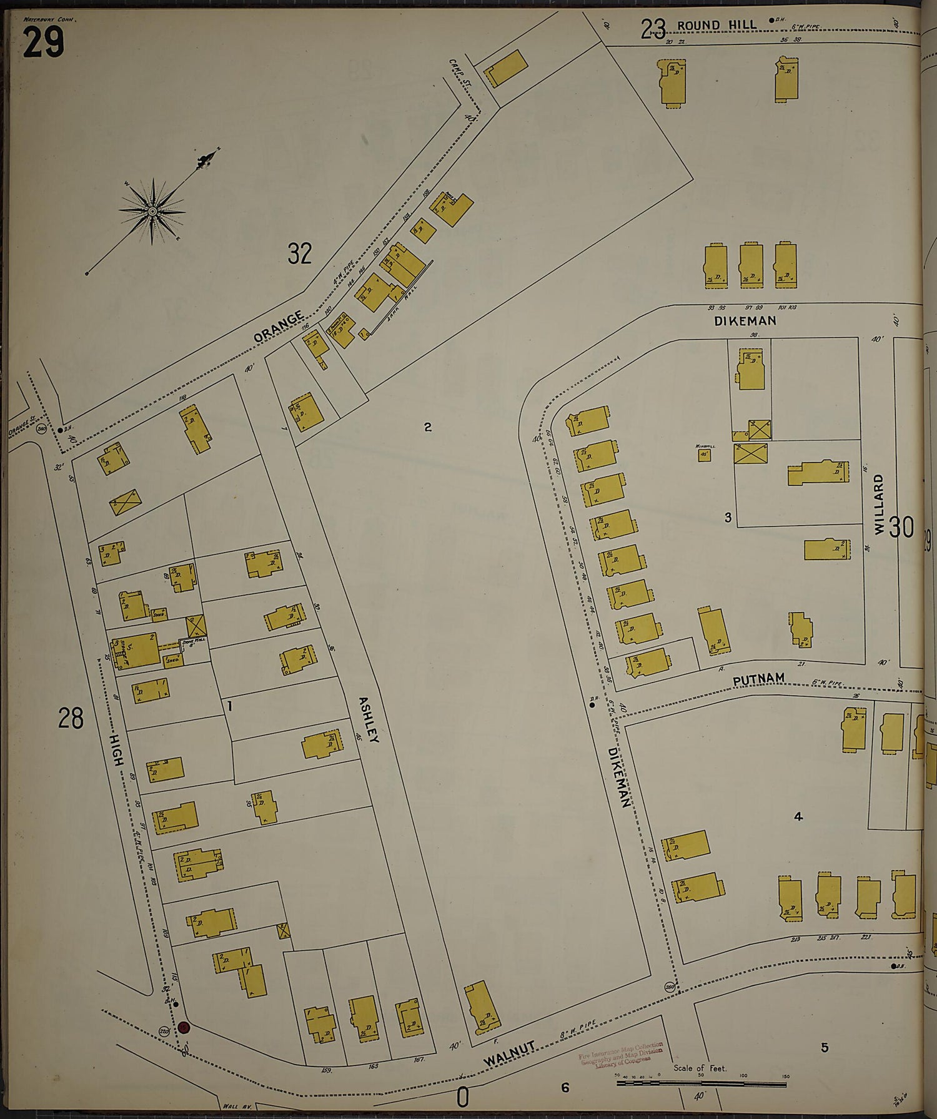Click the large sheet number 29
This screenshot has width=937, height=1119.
(x=44, y=42)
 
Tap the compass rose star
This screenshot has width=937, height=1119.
(x=152, y=212)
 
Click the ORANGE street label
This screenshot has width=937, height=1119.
(x=279, y=327)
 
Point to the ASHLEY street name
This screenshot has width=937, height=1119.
(x=369, y=719)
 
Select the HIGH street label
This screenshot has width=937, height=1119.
(x=117, y=749)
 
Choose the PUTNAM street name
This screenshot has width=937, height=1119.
(x=758, y=679)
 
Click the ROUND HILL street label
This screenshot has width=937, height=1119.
(x=716, y=25)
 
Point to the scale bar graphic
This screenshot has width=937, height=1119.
(x=701, y=1082)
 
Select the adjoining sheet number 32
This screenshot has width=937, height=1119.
(x=299, y=254)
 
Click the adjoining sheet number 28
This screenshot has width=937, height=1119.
(x=71, y=718)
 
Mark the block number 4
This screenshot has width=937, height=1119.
(x=798, y=816)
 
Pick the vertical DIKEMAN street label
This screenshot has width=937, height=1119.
(x=621, y=777)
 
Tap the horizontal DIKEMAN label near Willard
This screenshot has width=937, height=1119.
(x=745, y=320)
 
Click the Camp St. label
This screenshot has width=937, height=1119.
(x=458, y=73)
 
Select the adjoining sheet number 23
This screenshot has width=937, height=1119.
(x=653, y=28)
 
